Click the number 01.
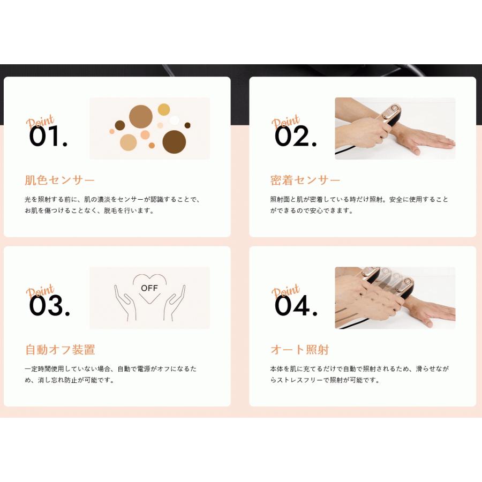point(48,137)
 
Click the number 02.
point(295,137)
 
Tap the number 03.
point(49,306)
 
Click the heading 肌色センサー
point(59,180)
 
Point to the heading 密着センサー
point(305,180)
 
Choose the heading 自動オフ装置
point(60,350)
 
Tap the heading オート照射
point(299,350)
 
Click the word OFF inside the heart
point(149,288)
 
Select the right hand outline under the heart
point(175,304)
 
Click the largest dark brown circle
point(174,141)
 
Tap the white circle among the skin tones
point(174,120)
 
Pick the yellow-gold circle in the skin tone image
point(164,110)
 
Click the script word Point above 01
point(40,121)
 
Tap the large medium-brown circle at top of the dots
point(141,116)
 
